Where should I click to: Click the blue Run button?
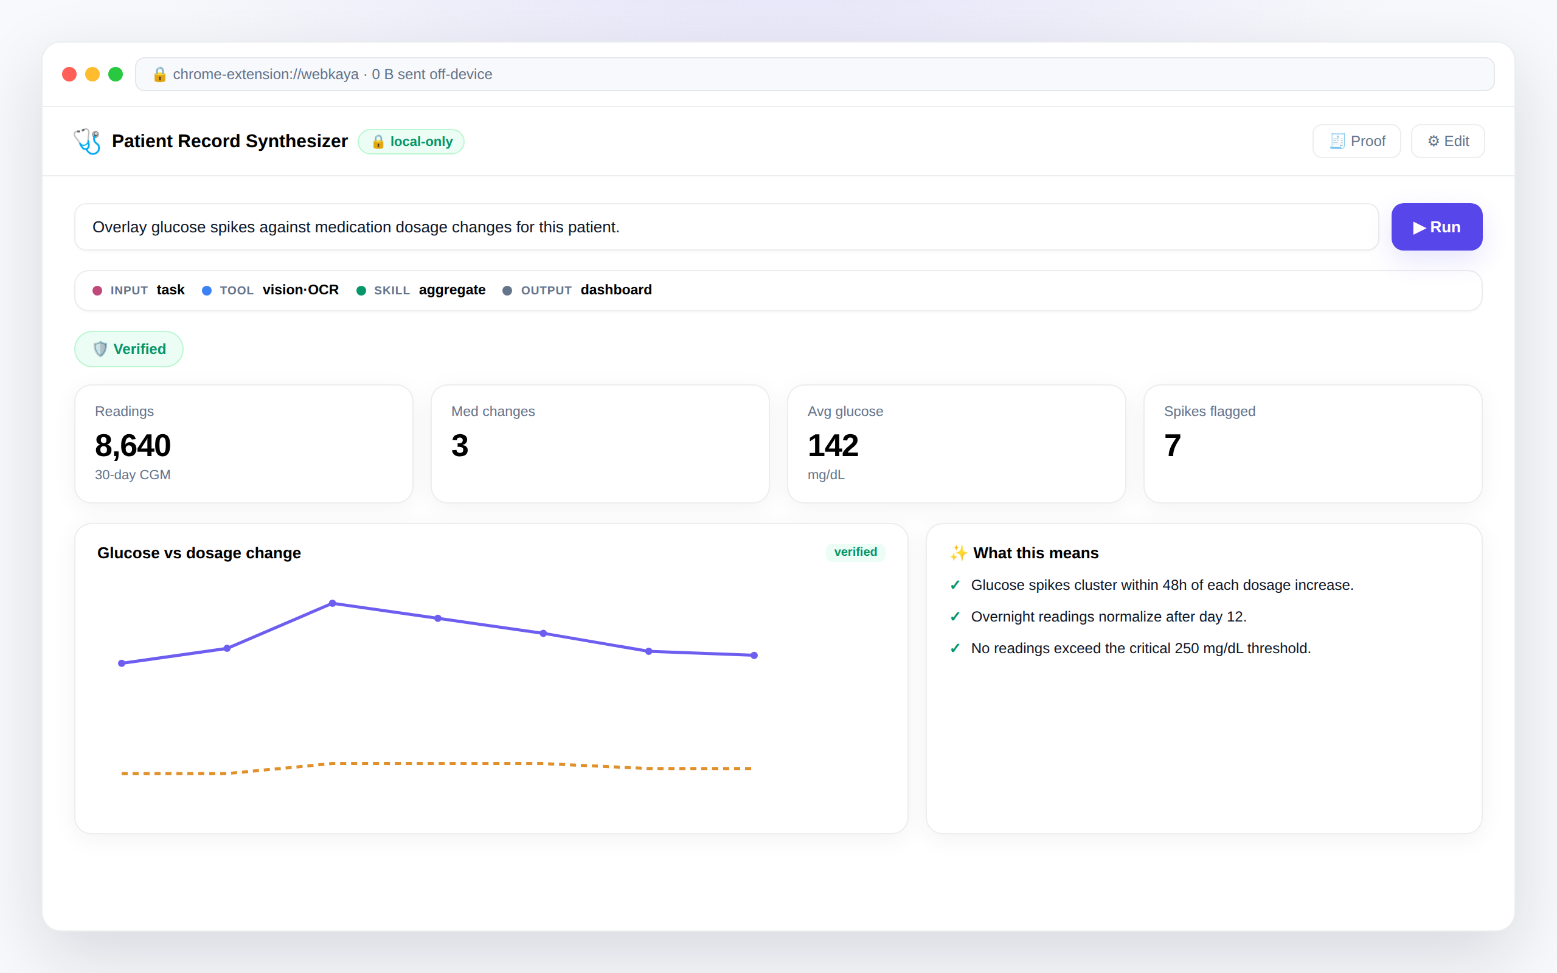pyautogui.click(x=1436, y=227)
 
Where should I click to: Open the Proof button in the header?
pyautogui.click(x=1356, y=141)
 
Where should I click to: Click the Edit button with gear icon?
pyautogui.click(x=1448, y=141)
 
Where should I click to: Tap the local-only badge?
pyautogui.click(x=411, y=142)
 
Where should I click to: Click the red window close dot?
pyautogui.click(x=69, y=74)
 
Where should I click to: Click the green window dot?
pyautogui.click(x=116, y=74)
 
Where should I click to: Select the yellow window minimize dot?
pyautogui.click(x=92, y=74)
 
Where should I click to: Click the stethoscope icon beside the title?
pyautogui.click(x=88, y=141)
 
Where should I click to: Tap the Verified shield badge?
pyautogui.click(x=129, y=349)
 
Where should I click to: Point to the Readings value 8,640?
pyautogui.click(x=133, y=445)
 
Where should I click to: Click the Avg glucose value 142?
pyautogui.click(x=833, y=445)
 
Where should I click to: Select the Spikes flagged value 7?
pyautogui.click(x=1172, y=445)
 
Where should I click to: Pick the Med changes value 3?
pyautogui.click(x=460, y=445)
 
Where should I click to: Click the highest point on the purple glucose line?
pyautogui.click(x=333, y=604)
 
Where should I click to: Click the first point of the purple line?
pyautogui.click(x=122, y=663)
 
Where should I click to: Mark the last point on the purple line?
pyautogui.click(x=754, y=656)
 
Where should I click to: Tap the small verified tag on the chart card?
pyautogui.click(x=856, y=552)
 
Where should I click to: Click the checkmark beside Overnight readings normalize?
pyautogui.click(x=955, y=617)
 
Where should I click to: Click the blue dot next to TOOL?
pyautogui.click(x=207, y=291)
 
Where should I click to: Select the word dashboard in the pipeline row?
pyautogui.click(x=616, y=289)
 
